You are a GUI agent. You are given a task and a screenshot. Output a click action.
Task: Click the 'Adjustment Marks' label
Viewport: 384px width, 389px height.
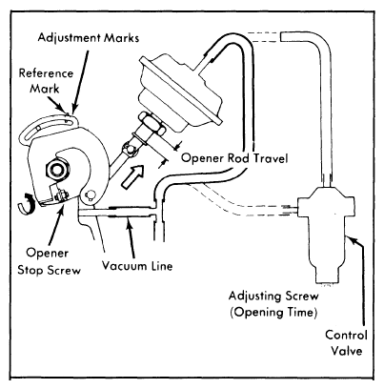(x=89, y=38)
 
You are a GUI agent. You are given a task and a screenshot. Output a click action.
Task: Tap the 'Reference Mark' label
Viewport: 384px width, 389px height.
(x=46, y=81)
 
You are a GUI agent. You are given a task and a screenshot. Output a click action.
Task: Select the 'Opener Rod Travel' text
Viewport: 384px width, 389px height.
(x=234, y=158)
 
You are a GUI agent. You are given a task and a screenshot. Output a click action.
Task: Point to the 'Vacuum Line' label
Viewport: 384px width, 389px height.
(x=137, y=266)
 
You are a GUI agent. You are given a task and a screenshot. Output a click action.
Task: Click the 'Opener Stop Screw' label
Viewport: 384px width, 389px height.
(x=49, y=261)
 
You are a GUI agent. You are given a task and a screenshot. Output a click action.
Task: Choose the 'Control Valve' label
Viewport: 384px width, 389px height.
(x=346, y=343)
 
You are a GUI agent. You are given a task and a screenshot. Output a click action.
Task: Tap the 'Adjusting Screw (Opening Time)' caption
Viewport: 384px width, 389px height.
(x=273, y=304)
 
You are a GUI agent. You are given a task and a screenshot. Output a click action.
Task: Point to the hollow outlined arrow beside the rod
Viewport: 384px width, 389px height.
(x=132, y=176)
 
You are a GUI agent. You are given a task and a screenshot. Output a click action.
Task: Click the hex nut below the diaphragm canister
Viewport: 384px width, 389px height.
(x=151, y=126)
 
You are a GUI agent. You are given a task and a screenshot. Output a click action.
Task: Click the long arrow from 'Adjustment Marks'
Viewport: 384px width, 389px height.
(x=80, y=80)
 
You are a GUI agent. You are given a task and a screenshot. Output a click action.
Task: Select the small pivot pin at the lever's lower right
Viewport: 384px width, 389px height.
(x=91, y=194)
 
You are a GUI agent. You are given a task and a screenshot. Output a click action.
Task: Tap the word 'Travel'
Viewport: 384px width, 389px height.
(x=270, y=158)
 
